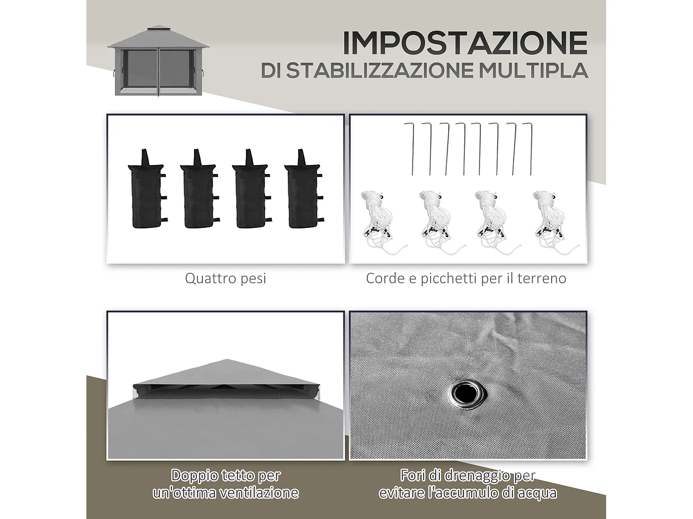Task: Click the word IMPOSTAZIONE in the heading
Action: point(464,43)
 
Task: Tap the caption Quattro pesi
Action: point(225,279)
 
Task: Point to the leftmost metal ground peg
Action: point(410,148)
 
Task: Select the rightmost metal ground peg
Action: point(529,148)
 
